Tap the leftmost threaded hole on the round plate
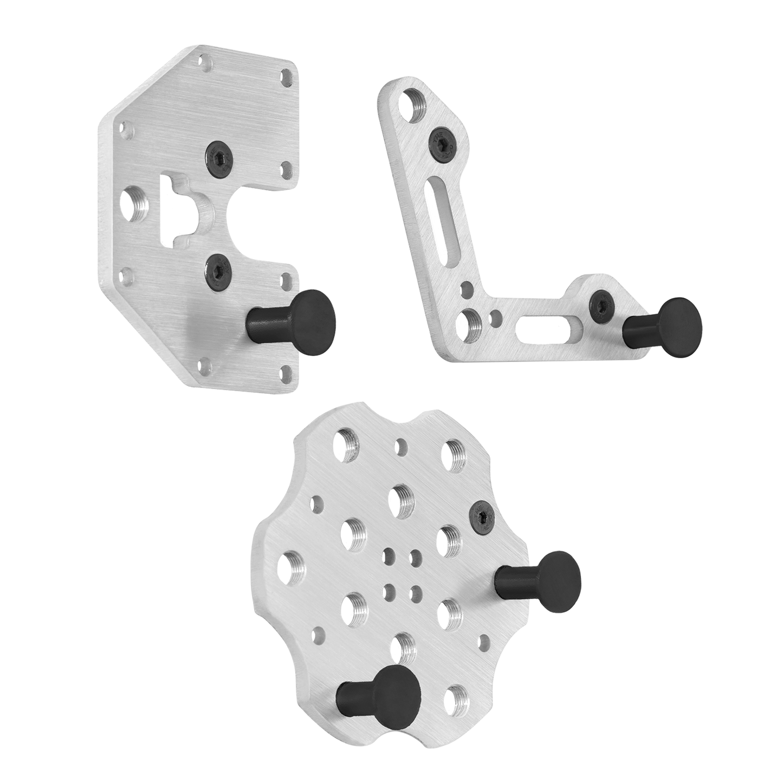point(293,566)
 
